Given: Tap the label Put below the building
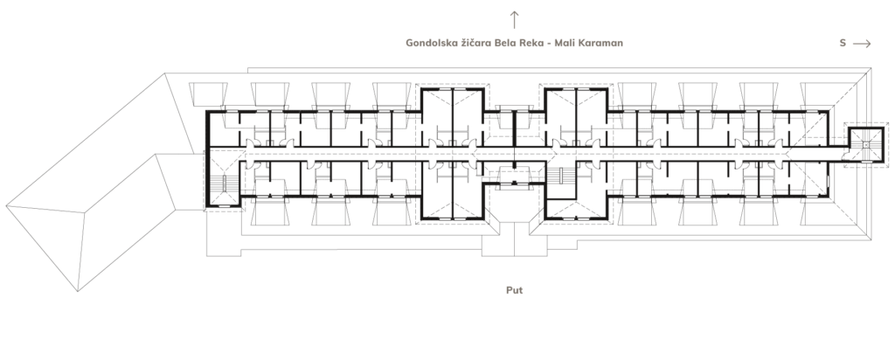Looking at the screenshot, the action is (x=514, y=290).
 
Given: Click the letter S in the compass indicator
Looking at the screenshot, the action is (x=843, y=43).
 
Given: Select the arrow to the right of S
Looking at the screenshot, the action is (x=862, y=44).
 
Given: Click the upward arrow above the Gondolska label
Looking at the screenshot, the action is (x=514, y=19).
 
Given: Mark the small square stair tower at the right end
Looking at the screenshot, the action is (x=866, y=145).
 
